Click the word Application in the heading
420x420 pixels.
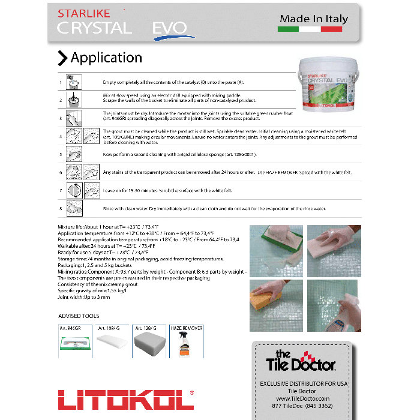106,58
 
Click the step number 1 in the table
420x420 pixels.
61,83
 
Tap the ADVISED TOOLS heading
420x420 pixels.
79,316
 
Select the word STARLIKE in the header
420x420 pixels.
80,13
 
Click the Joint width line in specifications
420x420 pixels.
84,296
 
